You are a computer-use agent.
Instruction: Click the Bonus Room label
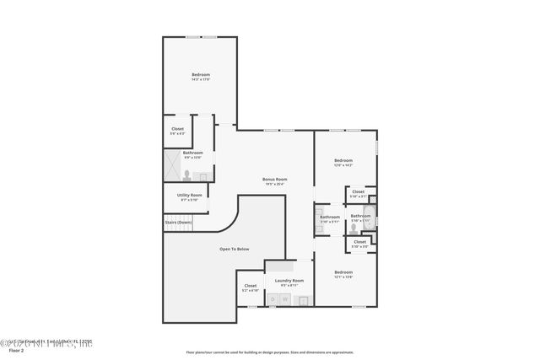click(x=275, y=178)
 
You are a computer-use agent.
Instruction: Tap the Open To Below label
click(x=234, y=249)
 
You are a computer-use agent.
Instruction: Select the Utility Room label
click(x=189, y=195)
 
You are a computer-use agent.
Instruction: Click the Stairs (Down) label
click(x=178, y=222)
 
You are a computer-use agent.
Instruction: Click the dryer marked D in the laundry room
click(x=273, y=299)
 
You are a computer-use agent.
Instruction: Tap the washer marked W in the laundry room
click(x=285, y=299)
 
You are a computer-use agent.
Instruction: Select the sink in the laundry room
click(x=304, y=299)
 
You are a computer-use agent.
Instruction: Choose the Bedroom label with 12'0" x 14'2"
click(x=343, y=160)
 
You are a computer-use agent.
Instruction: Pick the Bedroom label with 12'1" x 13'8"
click(x=343, y=271)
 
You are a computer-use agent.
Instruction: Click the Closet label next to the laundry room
click(x=251, y=285)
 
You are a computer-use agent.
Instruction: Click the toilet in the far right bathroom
click(x=354, y=227)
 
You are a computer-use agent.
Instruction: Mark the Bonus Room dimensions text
click(x=275, y=183)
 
